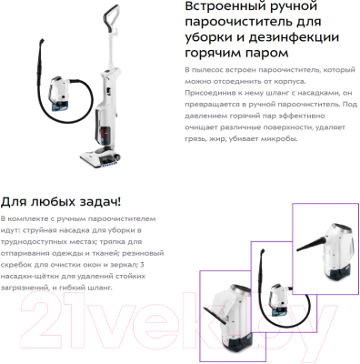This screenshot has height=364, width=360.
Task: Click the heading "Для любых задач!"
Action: coord(61,202)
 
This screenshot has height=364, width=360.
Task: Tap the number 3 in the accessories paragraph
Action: coord(142,265)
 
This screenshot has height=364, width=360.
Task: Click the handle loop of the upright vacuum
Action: coord(110,15)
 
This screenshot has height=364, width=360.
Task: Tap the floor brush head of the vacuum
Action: coord(100,157)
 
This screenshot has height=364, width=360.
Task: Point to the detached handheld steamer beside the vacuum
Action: coord(60,92)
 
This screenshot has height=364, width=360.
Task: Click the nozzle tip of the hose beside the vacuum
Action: coord(42,40)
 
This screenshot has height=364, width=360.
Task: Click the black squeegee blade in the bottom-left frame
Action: coord(215,316)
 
